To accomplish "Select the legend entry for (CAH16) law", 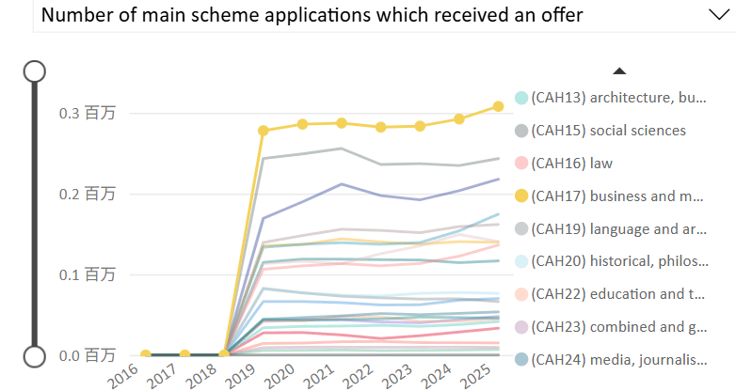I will [572, 164].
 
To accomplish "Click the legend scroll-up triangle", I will [618, 70].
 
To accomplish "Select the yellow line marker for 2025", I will [499, 107].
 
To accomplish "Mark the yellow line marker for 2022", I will [381, 127].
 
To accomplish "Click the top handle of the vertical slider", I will [35, 71].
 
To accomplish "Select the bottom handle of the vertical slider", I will [35, 356].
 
